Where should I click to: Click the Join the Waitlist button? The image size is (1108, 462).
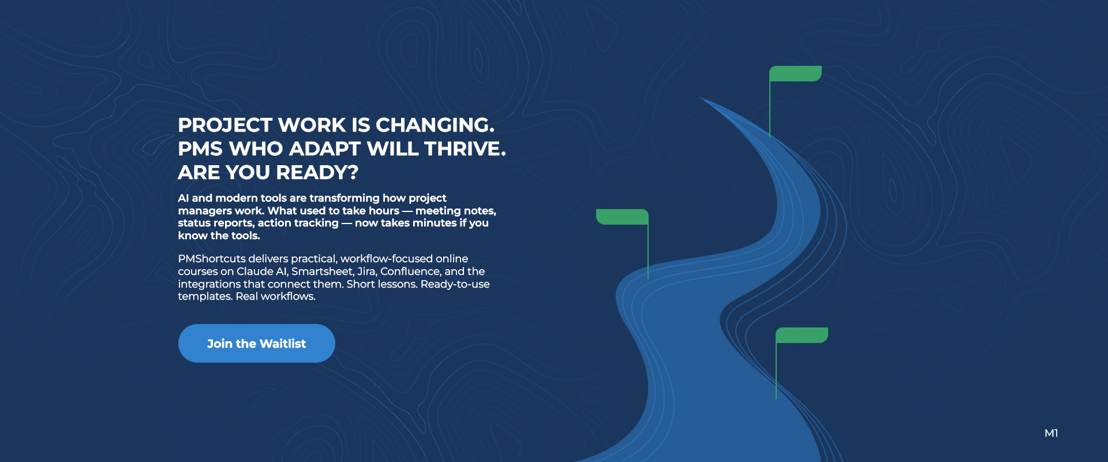click(x=256, y=344)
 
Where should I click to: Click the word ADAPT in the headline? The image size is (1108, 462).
click(x=325, y=149)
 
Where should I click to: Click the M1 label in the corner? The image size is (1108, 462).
click(x=1051, y=433)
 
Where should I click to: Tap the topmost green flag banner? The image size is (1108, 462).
click(x=795, y=74)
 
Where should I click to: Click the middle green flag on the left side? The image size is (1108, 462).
click(x=622, y=217)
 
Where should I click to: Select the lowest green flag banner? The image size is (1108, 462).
click(x=802, y=336)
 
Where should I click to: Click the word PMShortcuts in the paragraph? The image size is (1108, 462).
click(x=211, y=259)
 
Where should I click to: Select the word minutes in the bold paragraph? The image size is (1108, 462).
click(x=433, y=223)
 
